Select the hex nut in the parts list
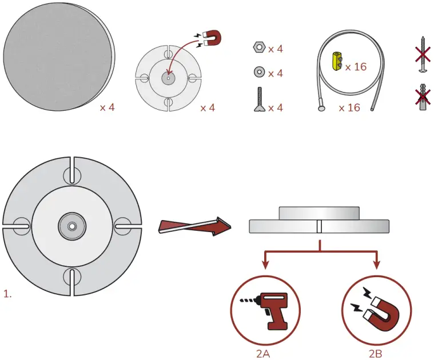(x=258, y=47)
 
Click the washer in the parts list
(x=258, y=73)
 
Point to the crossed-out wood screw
(x=424, y=54)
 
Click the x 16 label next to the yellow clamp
(x=356, y=67)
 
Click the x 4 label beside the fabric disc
(x=107, y=107)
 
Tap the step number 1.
(x=7, y=294)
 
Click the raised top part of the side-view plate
(x=319, y=213)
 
